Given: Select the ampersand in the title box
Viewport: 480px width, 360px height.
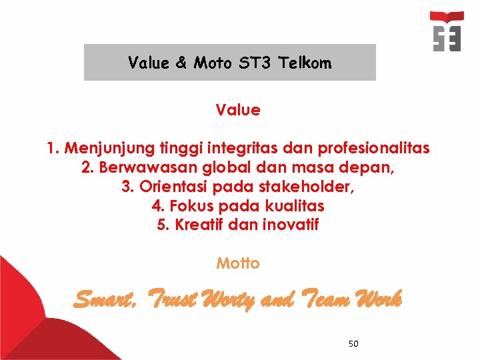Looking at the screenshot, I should tap(181, 63).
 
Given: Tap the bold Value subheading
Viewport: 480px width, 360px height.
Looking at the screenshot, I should tap(238, 110).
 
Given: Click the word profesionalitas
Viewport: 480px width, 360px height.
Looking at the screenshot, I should tap(375, 148).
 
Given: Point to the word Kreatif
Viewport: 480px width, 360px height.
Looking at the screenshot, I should tap(198, 225).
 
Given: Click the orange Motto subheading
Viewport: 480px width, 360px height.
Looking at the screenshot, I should tap(238, 263).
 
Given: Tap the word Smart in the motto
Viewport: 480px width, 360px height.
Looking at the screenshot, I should tap(104, 301).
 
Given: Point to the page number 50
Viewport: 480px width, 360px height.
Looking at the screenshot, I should tap(353, 344).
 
